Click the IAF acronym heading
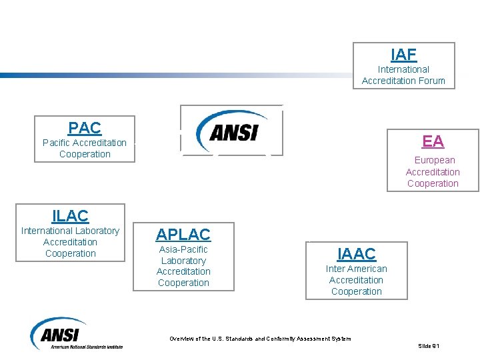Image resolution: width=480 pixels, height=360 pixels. tap(403, 55)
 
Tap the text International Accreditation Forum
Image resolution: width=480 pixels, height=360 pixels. tap(403, 75)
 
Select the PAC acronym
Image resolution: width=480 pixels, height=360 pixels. tap(85, 127)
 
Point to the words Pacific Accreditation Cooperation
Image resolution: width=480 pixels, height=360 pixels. tap(85, 148)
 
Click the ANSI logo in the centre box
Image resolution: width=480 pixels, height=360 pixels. tap(231, 131)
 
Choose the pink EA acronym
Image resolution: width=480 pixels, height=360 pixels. tap(433, 141)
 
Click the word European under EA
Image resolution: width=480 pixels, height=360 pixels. tap(435, 160)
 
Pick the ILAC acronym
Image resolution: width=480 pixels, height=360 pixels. tap(70, 216)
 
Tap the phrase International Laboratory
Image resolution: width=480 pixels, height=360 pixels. tap(70, 231)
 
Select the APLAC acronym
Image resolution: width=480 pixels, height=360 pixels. tap(183, 234)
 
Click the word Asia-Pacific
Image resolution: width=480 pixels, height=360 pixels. tap(183, 249)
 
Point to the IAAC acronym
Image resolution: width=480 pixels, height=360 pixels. tap(357, 253)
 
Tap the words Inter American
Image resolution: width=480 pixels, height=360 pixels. tap(356, 269)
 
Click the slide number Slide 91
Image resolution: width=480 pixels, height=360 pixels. tap(429, 346)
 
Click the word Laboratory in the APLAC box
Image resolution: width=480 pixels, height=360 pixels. tap(183, 261)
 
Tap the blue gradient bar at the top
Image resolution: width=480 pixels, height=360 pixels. tap(133, 75)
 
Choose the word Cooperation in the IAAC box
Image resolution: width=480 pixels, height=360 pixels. tap(357, 291)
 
